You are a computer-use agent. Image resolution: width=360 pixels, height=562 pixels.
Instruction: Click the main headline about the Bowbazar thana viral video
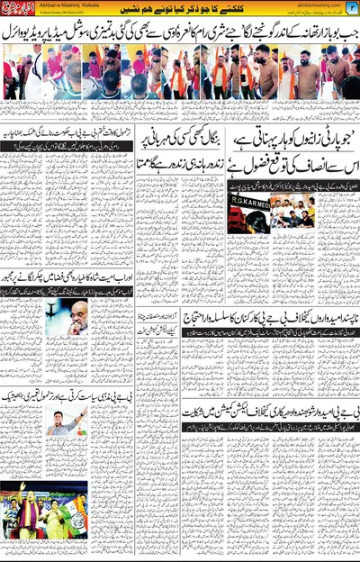180,34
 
